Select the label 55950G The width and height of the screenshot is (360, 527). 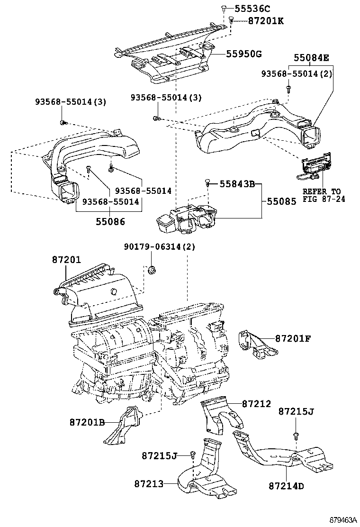click(x=243, y=54)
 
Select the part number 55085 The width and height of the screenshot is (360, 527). click(x=281, y=201)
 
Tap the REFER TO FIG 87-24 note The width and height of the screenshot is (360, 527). click(x=324, y=195)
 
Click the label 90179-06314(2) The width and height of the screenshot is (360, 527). click(x=160, y=247)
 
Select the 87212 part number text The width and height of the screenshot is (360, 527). click(x=256, y=404)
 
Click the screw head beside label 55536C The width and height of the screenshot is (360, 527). click(x=223, y=8)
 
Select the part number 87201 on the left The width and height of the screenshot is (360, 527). click(x=66, y=260)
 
